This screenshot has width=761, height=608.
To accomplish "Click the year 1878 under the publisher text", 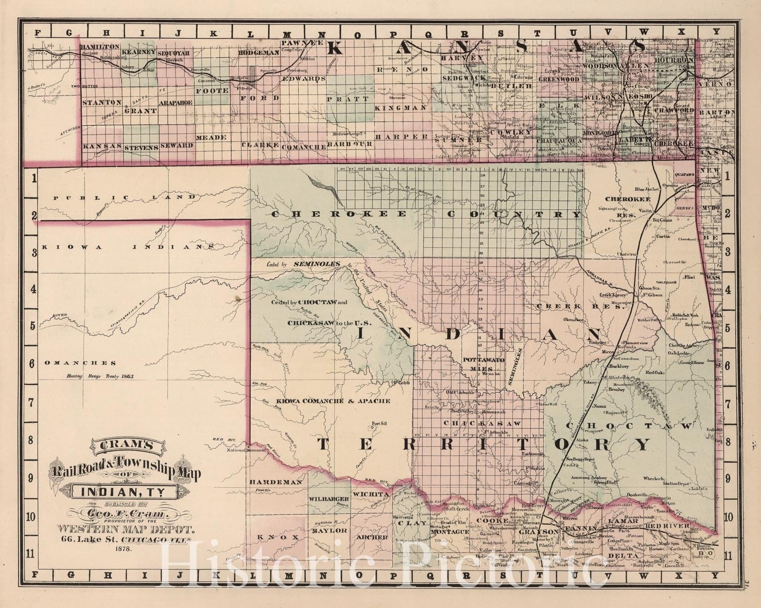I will click(x=123, y=548).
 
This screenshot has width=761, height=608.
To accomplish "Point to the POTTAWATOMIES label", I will click(x=484, y=364).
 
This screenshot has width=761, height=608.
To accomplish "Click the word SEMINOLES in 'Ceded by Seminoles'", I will click(x=317, y=263).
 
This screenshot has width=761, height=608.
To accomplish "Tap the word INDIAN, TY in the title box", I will click(x=123, y=490).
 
